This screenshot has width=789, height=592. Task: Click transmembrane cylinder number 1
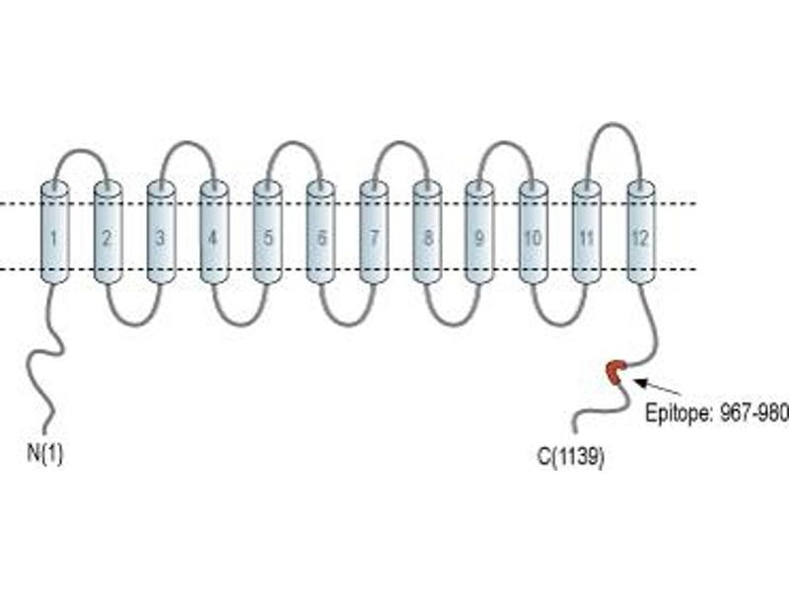tap(54, 232)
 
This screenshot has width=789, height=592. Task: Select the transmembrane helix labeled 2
tap(108, 232)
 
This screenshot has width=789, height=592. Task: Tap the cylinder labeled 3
tap(161, 232)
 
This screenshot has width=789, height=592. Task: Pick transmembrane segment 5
tap(267, 232)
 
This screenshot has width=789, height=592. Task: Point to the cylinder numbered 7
tap(374, 232)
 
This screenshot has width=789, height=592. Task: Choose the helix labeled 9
tap(480, 232)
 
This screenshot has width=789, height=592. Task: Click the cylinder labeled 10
tap(534, 232)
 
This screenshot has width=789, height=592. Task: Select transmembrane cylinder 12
tap(641, 232)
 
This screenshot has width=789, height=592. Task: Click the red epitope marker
tap(615, 372)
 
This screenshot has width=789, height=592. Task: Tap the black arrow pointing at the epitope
tap(659, 387)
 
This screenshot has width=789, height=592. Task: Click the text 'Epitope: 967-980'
tap(717, 413)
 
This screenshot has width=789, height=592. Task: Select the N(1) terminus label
tap(45, 454)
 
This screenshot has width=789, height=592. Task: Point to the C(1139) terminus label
tap(571, 457)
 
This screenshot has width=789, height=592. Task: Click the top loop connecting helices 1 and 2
tap(81, 150)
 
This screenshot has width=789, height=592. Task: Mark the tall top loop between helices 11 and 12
tap(613, 124)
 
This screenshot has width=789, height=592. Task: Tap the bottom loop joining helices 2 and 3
tap(134, 324)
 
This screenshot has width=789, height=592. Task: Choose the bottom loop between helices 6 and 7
tap(347, 324)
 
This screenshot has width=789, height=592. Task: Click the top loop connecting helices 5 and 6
tap(294, 143)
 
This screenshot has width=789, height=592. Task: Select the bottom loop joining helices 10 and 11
tap(560, 324)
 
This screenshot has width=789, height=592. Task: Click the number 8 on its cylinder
tap(428, 238)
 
